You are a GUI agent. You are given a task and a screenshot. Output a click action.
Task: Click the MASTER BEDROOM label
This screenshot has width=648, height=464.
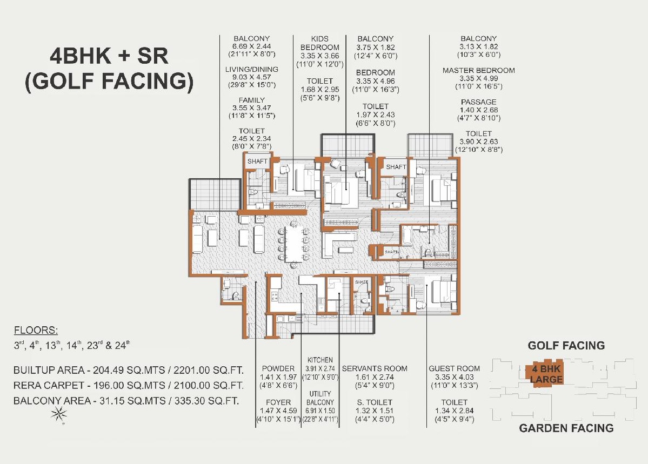tap(478, 71)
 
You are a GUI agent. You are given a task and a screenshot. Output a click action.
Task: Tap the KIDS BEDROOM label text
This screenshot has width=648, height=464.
tap(320, 43)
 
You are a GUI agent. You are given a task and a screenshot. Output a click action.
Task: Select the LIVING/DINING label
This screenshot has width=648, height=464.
tap(252, 70)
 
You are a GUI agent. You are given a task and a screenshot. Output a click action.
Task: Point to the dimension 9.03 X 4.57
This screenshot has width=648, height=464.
tap(252, 77)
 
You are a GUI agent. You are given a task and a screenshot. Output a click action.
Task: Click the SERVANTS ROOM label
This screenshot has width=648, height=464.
tap(375, 368)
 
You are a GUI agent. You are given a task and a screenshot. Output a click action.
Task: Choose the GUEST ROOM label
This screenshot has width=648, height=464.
tap(454, 368)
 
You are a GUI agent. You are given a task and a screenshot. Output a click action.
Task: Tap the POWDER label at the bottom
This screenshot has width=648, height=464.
tap(278, 368)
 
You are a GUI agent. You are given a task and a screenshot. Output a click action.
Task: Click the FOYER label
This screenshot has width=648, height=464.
tap(278, 402)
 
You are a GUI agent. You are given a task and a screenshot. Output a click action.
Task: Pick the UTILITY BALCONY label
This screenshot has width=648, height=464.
tap(320, 398)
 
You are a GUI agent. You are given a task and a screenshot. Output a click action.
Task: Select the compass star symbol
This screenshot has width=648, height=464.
tap(59, 414)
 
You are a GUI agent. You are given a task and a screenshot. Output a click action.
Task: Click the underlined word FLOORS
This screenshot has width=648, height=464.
tap(36, 331)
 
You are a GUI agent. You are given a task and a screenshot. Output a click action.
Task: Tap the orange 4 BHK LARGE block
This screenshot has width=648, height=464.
tap(546, 374)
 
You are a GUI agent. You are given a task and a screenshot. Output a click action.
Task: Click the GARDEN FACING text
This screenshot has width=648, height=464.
tap(566, 428)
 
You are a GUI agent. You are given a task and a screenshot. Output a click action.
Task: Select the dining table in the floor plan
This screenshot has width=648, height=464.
tap(294, 244)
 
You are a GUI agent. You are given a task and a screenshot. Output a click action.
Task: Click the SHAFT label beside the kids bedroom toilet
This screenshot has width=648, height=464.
tap(257, 161)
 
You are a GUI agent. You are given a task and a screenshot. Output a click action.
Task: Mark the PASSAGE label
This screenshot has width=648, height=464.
tap(478, 102)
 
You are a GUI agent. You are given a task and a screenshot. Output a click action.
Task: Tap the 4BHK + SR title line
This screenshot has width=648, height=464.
tap(109, 56)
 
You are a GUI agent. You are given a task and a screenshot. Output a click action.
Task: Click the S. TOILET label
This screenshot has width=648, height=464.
tap(375, 402)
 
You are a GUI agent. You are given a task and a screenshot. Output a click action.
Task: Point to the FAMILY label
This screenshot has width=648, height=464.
tap(252, 100)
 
